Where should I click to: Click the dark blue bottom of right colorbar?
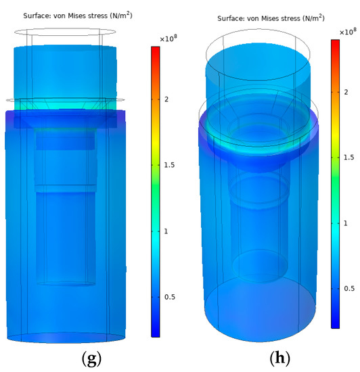(334, 323)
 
